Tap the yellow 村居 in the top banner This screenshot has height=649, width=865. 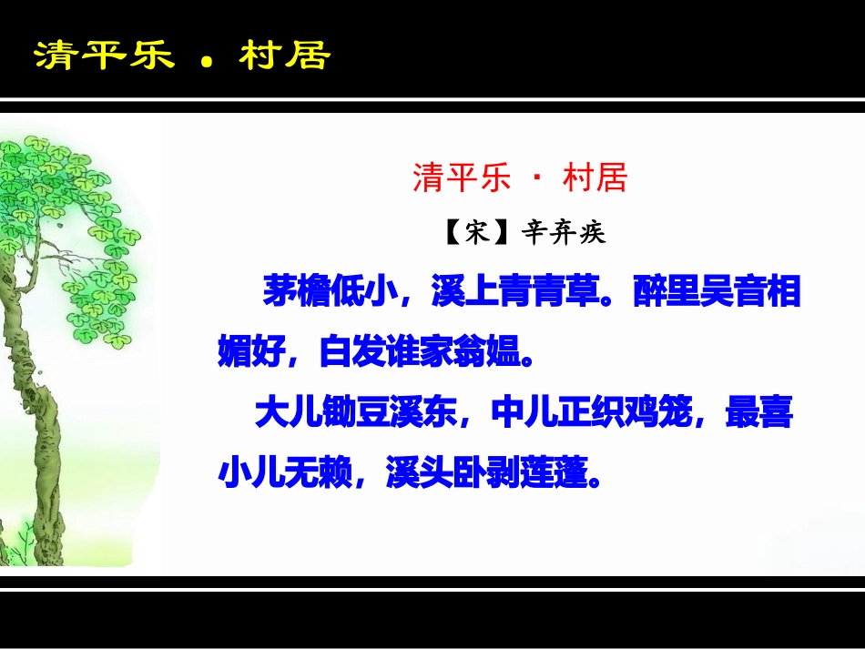point(284,56)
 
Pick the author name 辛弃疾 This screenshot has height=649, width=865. point(563,233)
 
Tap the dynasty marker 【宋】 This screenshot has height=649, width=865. point(474,233)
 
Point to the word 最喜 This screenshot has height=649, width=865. point(758,414)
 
